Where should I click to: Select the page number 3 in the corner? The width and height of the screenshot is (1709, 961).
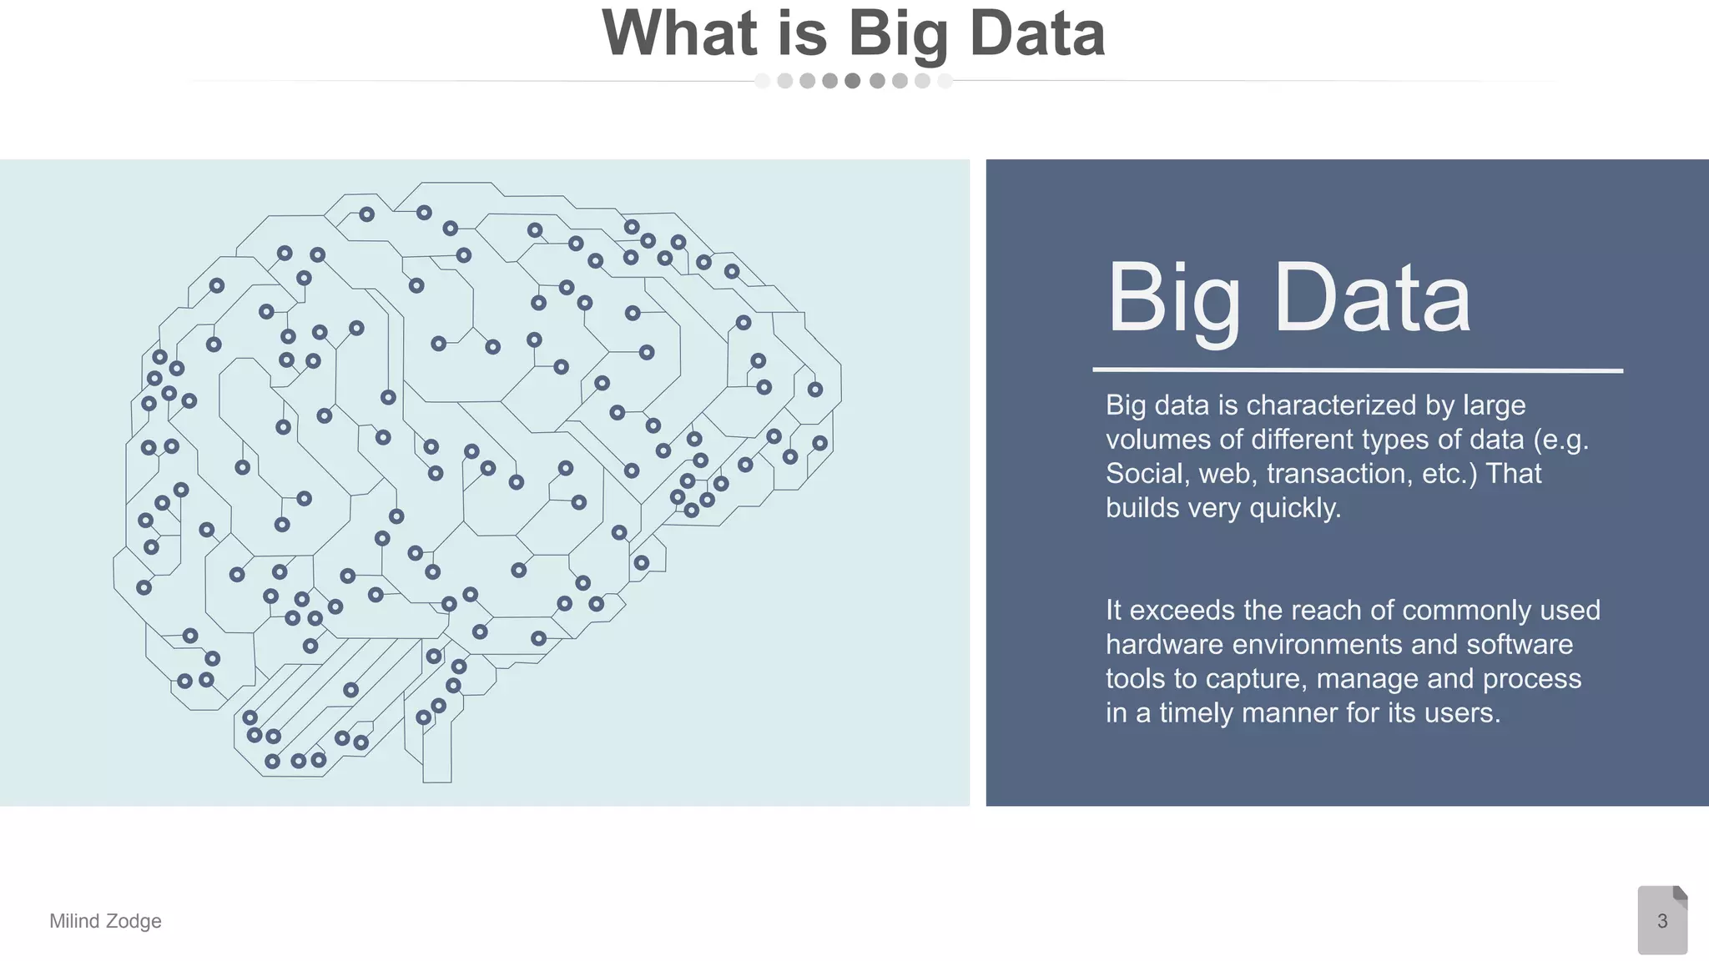1661,921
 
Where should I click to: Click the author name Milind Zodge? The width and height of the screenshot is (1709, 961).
105,921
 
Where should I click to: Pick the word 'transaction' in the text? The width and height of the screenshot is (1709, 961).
1340,474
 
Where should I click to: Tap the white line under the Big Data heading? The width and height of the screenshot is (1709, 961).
1358,370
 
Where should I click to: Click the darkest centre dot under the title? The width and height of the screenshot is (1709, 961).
852,81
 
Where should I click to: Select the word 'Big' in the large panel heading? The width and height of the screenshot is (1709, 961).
1173,299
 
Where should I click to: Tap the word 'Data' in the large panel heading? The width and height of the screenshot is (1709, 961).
1372,299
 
